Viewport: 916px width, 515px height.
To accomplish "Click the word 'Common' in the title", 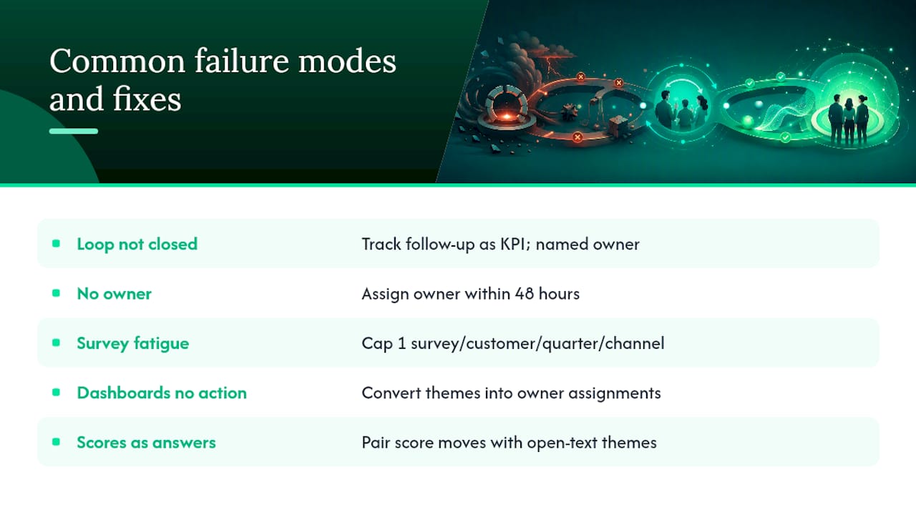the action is click(x=117, y=62).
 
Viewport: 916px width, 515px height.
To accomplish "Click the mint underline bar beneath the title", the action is click(x=74, y=131).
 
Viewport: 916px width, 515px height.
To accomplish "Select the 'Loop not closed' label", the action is click(x=137, y=244).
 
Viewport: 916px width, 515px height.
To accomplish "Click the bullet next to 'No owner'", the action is click(x=56, y=293).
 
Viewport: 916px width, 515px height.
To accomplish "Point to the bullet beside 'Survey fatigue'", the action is click(x=56, y=343).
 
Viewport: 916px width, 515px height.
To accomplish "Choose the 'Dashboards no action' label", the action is click(x=162, y=393).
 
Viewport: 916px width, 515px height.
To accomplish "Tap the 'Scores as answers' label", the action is click(x=146, y=442).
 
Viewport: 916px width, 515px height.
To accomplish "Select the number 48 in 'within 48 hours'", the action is click(x=525, y=293).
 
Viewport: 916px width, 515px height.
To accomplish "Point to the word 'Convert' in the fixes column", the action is click(x=391, y=393).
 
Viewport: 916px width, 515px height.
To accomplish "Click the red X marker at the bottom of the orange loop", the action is click(x=578, y=137).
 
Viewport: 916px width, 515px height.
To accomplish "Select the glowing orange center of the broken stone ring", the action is click(x=507, y=117).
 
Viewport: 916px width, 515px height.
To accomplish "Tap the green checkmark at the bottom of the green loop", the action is click(x=785, y=138).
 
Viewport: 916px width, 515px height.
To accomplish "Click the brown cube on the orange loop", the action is click(x=618, y=125).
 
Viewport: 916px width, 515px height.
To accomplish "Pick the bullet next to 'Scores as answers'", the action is click(x=56, y=441).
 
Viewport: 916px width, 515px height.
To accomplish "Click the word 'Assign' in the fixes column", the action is click(x=385, y=294).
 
